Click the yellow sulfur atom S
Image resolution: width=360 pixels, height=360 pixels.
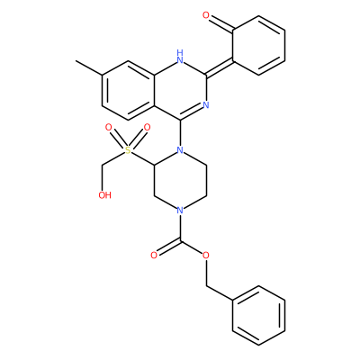pyautogui.click(x=128, y=150)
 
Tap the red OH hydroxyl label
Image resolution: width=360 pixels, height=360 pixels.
pyautogui.click(x=104, y=195)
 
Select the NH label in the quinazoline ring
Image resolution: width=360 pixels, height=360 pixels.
pyautogui.click(x=180, y=57)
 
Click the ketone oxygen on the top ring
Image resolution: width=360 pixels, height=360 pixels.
pyautogui.click(x=206, y=15)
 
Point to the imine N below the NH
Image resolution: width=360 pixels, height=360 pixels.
pyautogui.click(x=206, y=105)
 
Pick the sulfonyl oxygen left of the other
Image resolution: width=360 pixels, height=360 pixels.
pyautogui.click(x=109, y=128)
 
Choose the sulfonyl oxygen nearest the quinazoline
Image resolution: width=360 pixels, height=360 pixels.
pyautogui.click(x=147, y=128)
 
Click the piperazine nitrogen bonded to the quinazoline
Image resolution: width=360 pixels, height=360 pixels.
pyautogui.click(x=180, y=149)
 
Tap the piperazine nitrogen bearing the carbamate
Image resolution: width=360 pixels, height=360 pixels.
pyautogui.click(x=180, y=210)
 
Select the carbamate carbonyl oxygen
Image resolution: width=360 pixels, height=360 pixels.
pyautogui.click(x=154, y=256)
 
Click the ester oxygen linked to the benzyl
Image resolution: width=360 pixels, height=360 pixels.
pyautogui.click(x=206, y=256)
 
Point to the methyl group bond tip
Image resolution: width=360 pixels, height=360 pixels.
pyautogui.click(x=76, y=61)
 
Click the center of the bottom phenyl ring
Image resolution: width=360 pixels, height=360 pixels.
pyautogui.click(x=258, y=315)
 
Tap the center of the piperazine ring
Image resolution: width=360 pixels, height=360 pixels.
pyautogui.click(x=180, y=180)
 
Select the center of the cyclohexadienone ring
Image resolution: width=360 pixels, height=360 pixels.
pyautogui.click(x=258, y=45)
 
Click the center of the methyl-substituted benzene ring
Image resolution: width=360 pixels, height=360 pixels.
pyautogui.click(x=128, y=90)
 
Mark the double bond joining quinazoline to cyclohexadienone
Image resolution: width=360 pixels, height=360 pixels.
pyautogui.click(x=220, y=67)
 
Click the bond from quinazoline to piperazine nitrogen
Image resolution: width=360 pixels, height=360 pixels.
pyautogui.click(x=180, y=132)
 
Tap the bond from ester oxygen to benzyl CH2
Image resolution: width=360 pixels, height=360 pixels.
pyautogui.click(x=206, y=273)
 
